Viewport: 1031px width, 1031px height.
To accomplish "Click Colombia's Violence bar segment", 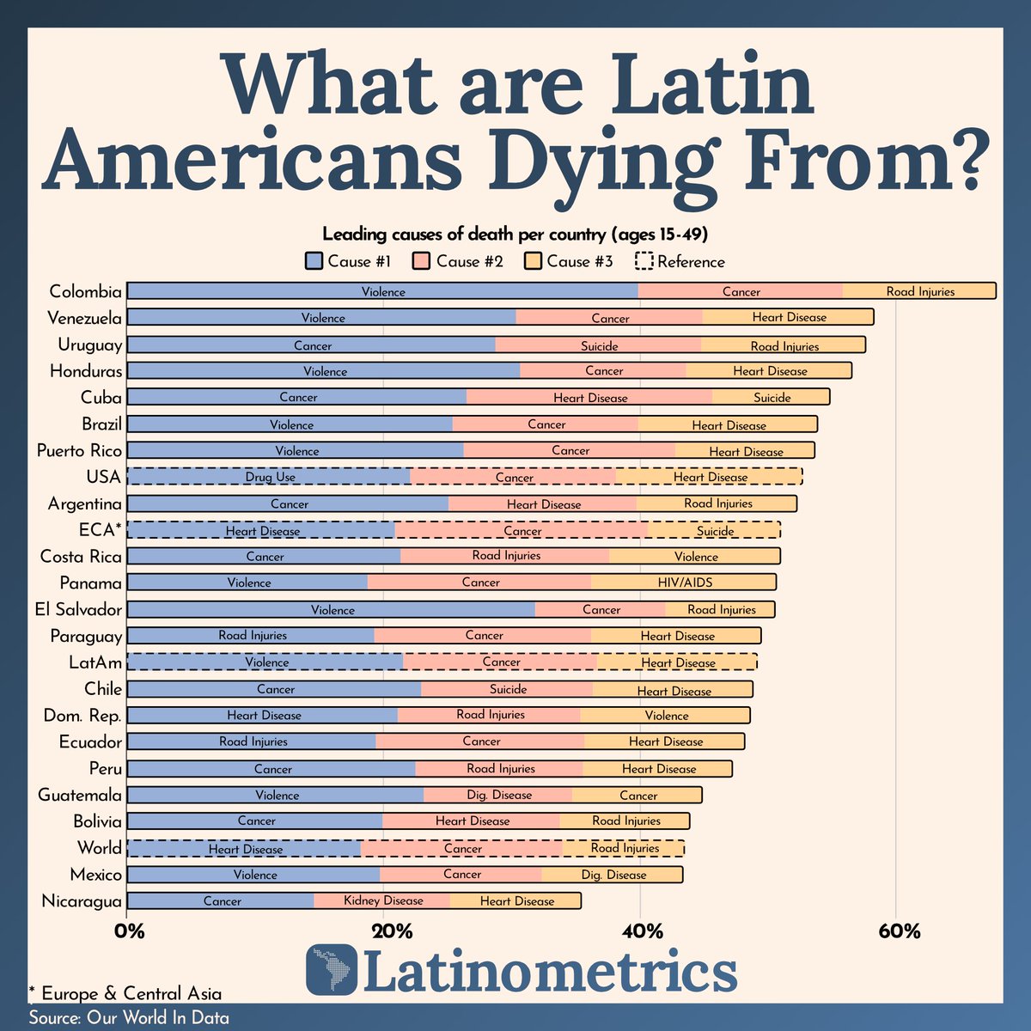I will click(382, 291).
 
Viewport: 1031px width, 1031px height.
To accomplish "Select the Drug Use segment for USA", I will click(269, 477).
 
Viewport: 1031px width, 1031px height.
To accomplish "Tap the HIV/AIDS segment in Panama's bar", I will click(684, 583).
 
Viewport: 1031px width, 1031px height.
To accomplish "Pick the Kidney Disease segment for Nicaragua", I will click(382, 901).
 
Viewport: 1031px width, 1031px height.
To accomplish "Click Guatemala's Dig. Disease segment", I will click(498, 795).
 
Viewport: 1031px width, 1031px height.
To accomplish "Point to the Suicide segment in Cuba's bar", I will click(771, 397).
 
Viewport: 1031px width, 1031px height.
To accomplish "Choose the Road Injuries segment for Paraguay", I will click(251, 636).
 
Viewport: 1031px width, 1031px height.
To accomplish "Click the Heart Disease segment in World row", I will click(244, 849).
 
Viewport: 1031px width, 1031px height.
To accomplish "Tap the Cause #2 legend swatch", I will click(421, 261).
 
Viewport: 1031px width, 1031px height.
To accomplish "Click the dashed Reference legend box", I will click(644, 261).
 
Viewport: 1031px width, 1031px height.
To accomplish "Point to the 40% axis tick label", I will click(642, 931).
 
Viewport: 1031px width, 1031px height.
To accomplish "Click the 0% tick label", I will click(129, 931).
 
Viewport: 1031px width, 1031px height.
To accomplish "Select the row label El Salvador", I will click(78, 609).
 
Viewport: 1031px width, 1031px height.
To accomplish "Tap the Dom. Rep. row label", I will click(82, 716).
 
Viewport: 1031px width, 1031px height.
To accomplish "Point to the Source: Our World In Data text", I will click(129, 1018).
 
